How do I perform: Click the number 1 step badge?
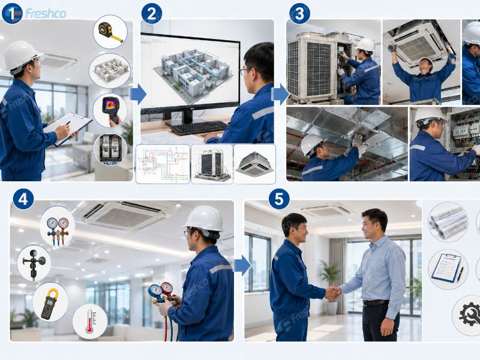click(12, 13)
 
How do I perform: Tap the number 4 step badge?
click(23, 199)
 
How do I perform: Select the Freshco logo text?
click(46, 13)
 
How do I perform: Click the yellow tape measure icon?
click(110, 32)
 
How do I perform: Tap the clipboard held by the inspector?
click(68, 128)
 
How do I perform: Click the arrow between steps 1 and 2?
click(138, 95)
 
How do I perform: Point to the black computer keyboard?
click(199, 128)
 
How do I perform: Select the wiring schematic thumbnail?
click(163, 164)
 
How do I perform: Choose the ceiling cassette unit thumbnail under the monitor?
click(254, 164)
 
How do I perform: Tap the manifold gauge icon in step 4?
click(58, 227)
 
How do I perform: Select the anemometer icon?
click(34, 263)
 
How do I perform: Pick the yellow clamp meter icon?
click(50, 302)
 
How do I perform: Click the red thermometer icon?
click(90, 321)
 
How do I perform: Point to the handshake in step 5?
click(333, 292)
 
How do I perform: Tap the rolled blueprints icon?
click(448, 222)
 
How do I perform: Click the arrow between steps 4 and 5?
click(242, 265)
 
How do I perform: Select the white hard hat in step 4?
click(203, 219)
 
